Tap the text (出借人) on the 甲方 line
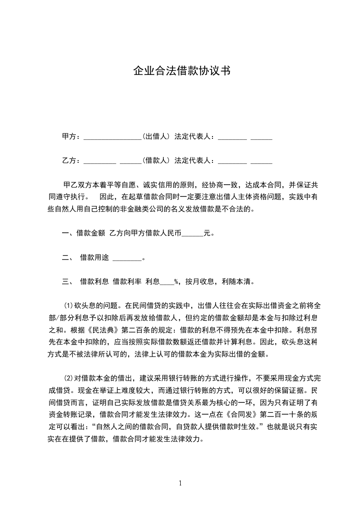point(156,136)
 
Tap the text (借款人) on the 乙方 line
point(156,160)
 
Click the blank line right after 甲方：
point(113,137)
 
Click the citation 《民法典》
point(111,328)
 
